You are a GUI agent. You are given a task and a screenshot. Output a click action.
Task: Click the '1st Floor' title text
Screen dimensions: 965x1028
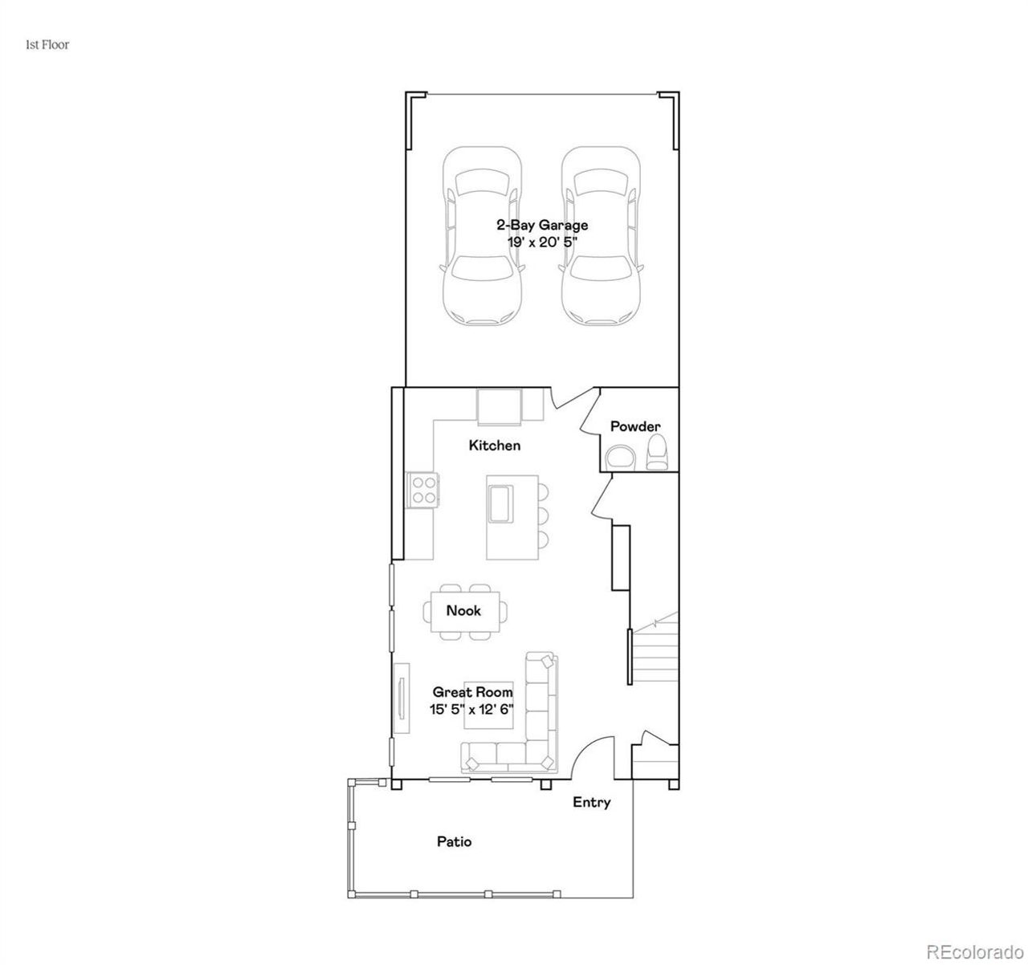[x=47, y=45]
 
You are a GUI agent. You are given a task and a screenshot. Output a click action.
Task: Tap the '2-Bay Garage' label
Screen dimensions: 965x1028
[x=541, y=225]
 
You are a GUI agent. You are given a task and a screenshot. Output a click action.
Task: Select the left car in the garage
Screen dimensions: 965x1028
[x=482, y=237]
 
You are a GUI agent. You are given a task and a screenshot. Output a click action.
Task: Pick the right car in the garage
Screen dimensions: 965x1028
[x=601, y=237]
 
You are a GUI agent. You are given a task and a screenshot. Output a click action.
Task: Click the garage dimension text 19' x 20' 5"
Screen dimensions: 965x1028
[x=541, y=241]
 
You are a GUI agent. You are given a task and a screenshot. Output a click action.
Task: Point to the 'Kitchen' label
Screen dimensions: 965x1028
[x=495, y=445]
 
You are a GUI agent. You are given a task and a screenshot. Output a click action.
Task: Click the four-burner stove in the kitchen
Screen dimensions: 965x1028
[x=422, y=490]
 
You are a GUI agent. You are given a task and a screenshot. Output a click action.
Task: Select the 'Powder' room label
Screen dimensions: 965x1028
[x=635, y=426]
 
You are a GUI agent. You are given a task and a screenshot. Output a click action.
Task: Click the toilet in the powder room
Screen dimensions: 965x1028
[x=658, y=453]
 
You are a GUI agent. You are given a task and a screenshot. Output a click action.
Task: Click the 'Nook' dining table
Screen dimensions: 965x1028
[x=463, y=611]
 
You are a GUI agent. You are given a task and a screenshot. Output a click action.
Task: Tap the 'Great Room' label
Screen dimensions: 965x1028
[x=472, y=691]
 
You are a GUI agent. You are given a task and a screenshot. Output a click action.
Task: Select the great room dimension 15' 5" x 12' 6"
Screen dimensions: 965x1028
[x=472, y=709]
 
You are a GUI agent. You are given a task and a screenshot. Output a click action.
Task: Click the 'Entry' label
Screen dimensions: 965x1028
[x=591, y=802]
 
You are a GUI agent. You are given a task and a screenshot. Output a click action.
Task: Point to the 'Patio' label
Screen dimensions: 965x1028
[x=454, y=841]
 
